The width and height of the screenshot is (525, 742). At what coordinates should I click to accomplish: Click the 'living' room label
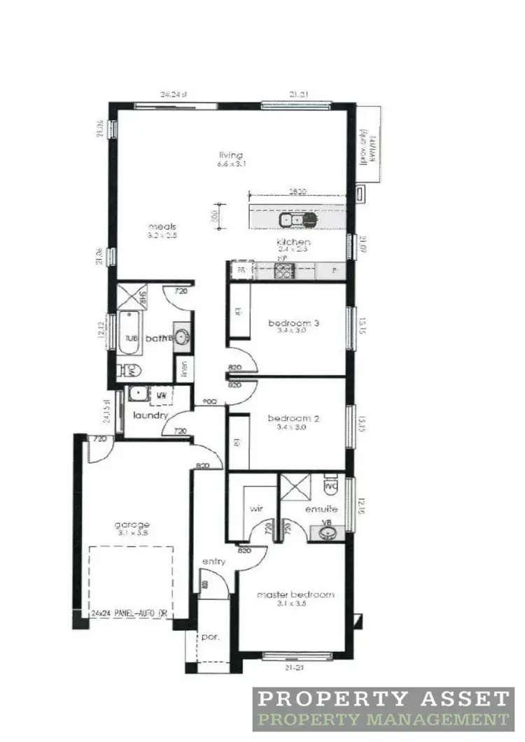pyautogui.click(x=230, y=155)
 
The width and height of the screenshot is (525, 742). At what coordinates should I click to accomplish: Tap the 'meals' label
pyautogui.click(x=161, y=227)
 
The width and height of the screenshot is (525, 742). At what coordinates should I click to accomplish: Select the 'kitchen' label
pyautogui.click(x=293, y=242)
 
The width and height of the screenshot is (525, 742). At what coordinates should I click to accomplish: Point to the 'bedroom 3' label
pyautogui.click(x=294, y=323)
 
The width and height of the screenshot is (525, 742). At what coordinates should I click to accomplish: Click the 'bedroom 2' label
pyautogui.click(x=294, y=420)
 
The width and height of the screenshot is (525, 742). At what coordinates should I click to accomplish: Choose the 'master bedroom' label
pyautogui.click(x=295, y=594)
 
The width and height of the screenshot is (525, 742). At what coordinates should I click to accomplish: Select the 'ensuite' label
pyautogui.click(x=321, y=509)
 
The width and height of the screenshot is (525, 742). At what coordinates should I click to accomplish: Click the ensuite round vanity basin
pyautogui.click(x=326, y=534)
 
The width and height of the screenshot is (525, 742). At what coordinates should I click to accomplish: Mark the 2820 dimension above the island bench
pyautogui.click(x=298, y=190)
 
